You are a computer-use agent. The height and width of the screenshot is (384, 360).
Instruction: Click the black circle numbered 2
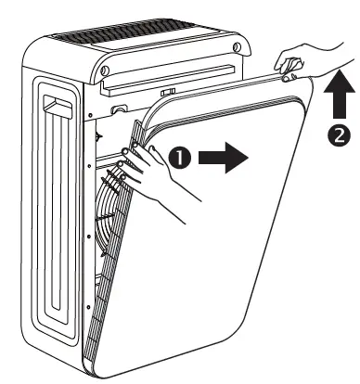[340, 134]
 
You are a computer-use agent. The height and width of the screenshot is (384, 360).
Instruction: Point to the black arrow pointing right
[226, 158]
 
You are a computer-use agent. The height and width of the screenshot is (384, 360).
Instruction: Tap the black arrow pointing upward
[340, 91]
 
